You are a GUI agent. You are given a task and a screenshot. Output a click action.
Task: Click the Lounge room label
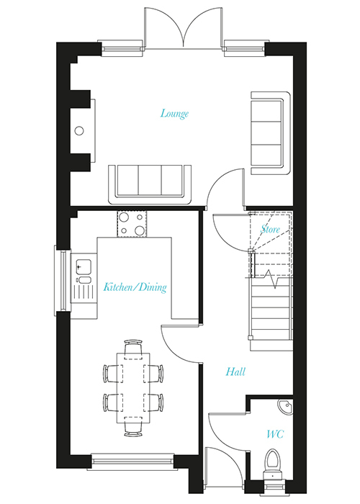pos(174,114)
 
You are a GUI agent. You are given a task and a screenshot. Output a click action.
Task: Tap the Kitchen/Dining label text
pos(135,287)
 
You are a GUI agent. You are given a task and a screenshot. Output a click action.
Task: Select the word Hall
pos(235,372)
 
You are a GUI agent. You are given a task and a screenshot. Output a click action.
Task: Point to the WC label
pos(275,434)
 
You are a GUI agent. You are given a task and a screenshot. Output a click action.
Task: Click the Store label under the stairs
pos(270,229)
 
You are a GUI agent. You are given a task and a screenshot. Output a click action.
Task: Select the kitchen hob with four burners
pos(132,224)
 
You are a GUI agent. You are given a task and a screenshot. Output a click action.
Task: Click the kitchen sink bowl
pos(84,266)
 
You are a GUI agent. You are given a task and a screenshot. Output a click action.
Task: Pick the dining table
pos(133,388)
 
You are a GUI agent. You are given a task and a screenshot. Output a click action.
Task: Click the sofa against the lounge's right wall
pos(271,133)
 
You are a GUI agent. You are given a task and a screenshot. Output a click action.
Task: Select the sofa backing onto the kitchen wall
pos(150,185)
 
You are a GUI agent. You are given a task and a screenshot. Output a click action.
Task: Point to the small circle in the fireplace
pos(79,131)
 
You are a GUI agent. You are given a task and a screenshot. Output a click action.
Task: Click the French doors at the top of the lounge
pos(184,28)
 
